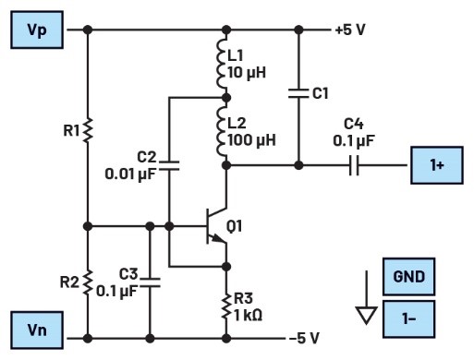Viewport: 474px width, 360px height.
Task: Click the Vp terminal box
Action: [x=37, y=30]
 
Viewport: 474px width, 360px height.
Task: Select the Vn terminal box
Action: [x=37, y=330]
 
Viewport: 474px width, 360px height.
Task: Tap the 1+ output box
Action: [x=437, y=165]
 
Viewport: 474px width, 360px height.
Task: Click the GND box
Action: [x=408, y=277]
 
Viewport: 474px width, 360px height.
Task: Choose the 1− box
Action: [x=408, y=319]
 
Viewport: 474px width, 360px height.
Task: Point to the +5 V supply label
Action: [x=350, y=30]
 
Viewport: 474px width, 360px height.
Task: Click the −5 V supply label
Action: [x=304, y=338]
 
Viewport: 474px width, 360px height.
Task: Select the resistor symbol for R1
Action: [x=88, y=130]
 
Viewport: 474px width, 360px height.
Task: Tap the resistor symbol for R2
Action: [x=88, y=282]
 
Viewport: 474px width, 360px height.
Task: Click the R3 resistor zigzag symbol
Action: [x=226, y=306]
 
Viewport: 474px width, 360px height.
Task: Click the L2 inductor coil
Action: [x=222, y=131]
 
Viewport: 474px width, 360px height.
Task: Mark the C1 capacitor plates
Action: [x=298, y=93]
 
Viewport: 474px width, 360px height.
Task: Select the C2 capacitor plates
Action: [x=169, y=165]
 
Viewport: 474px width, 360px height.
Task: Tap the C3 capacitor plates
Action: [x=150, y=282]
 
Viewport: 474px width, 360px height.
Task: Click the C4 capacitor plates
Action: [x=354, y=165]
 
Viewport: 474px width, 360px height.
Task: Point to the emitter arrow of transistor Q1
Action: [x=218, y=237]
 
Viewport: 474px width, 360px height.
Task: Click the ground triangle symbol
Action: [x=366, y=316]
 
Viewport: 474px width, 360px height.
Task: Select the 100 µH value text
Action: [x=251, y=140]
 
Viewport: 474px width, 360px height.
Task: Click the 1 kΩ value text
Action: [x=249, y=316]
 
